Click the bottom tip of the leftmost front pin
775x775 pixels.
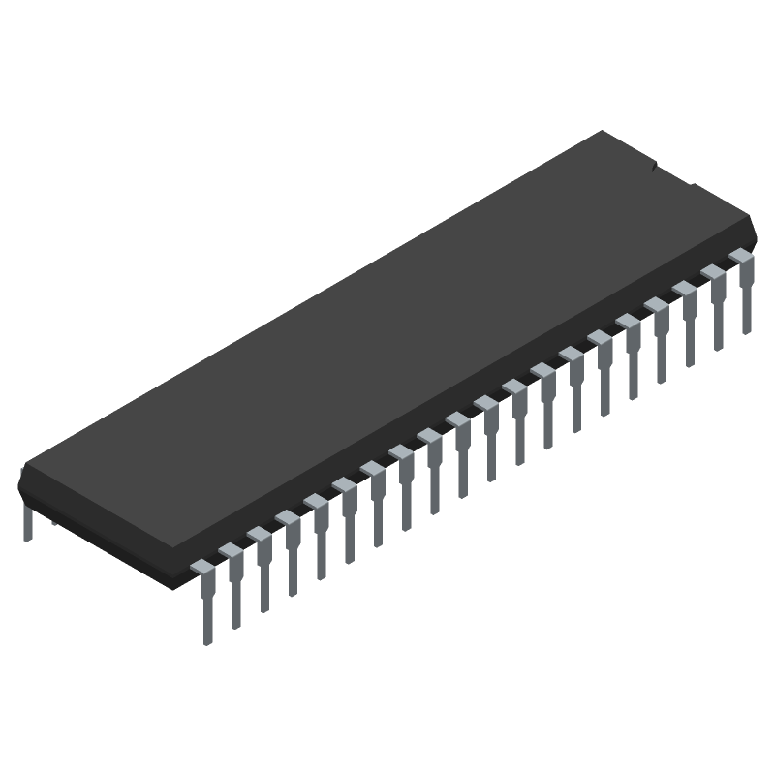pyautogui.click(x=206, y=639)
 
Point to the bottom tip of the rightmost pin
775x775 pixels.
pyautogui.click(x=747, y=329)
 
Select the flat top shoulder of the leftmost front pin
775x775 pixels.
pyautogui.click(x=201, y=566)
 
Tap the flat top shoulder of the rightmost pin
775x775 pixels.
pyautogui.click(x=741, y=255)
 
